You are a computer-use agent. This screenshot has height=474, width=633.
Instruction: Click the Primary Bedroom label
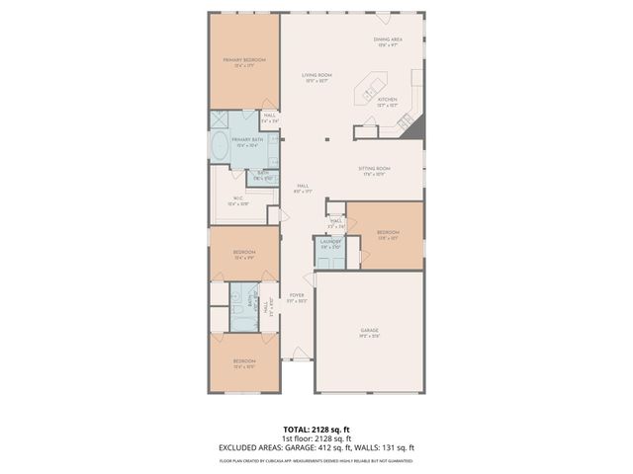coord(245,62)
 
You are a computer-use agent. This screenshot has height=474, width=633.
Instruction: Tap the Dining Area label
coord(386,41)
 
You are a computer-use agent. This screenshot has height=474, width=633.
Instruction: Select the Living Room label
coord(316,77)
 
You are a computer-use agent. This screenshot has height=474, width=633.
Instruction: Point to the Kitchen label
coord(387,101)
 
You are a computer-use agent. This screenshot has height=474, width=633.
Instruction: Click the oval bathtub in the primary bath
coord(218,148)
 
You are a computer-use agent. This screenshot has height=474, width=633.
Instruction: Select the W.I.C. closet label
coord(239,201)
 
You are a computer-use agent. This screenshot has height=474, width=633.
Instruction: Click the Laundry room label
coord(329,243)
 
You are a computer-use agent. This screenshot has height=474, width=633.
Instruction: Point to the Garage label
coord(369,332)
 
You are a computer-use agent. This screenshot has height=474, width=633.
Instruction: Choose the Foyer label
coord(296,297)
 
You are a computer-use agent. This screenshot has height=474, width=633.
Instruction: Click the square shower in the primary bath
coord(219,119)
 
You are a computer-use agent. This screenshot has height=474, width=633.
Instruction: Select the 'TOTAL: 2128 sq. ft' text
coord(316,430)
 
